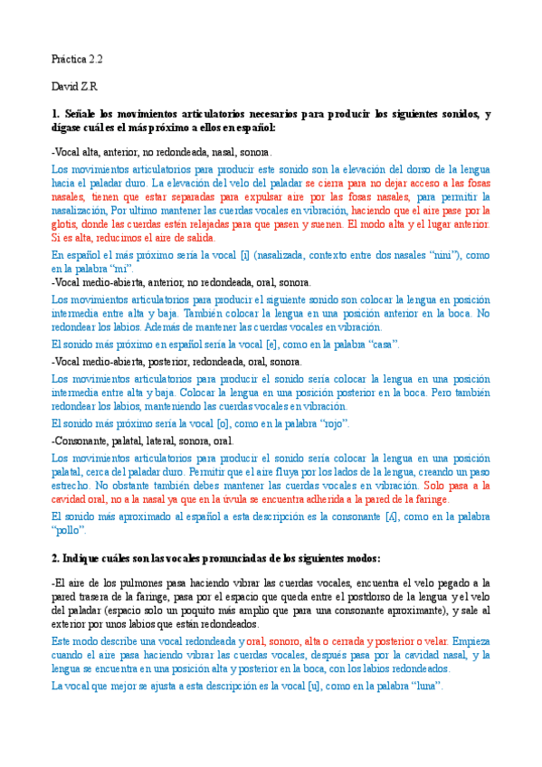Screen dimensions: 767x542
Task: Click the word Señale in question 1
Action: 83,114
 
